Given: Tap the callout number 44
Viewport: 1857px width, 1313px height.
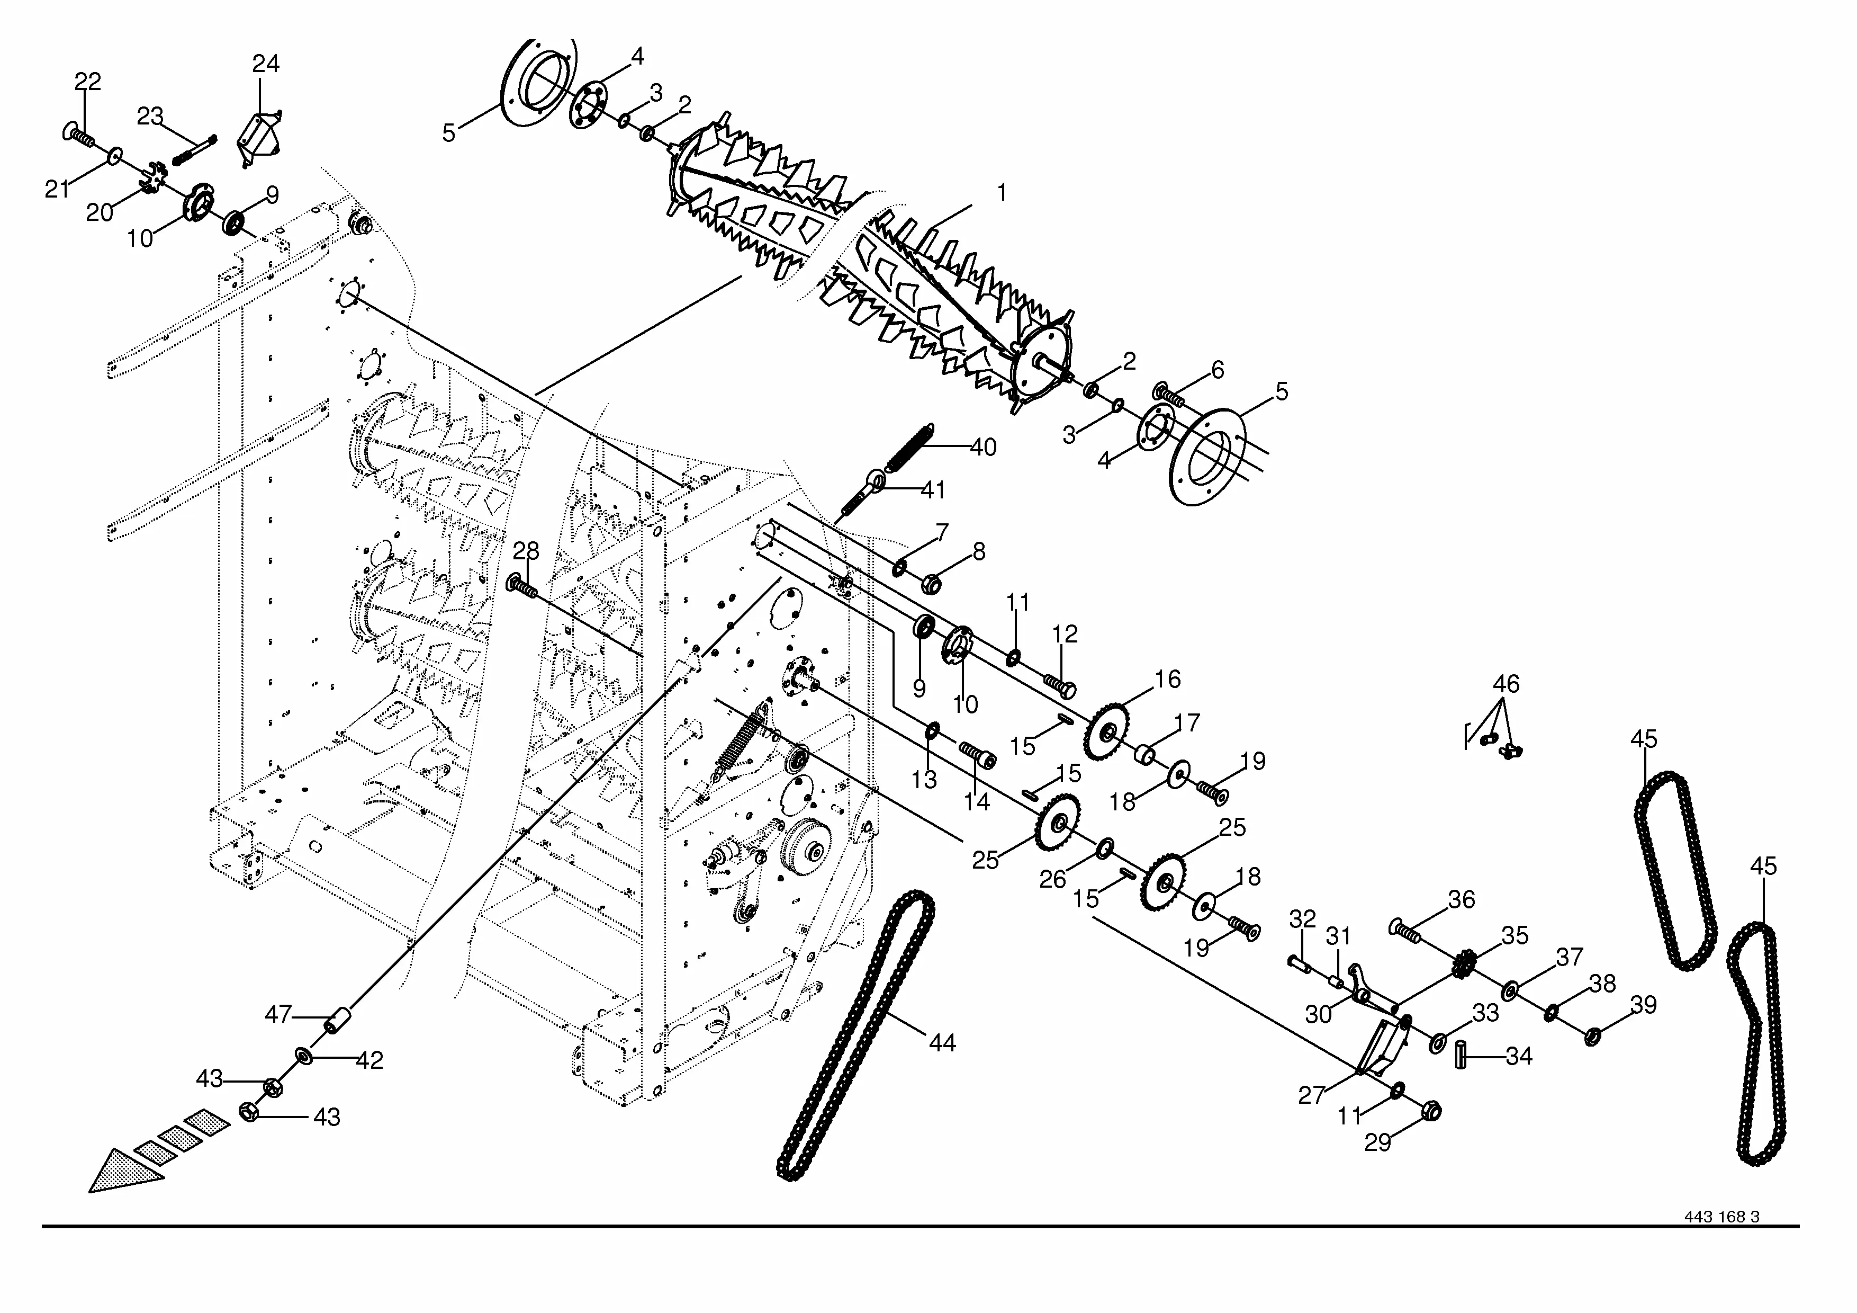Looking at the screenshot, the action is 942,1043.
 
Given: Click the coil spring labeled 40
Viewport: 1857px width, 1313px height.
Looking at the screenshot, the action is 910,448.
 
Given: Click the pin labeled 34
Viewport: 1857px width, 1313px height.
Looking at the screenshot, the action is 1461,1056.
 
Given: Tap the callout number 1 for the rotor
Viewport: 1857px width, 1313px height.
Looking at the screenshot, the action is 1002,193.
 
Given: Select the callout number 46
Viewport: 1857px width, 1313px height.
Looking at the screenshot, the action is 1506,684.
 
